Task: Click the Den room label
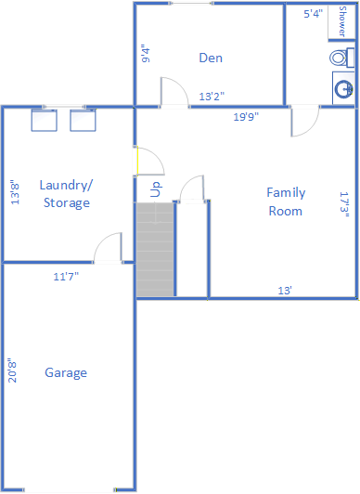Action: [211, 58]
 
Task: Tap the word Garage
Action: [66, 373]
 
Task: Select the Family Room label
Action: [286, 201]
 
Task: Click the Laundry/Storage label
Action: [67, 194]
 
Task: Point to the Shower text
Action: [342, 21]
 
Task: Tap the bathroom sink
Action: [343, 89]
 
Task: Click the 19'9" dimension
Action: [246, 117]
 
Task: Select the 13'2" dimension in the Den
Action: [212, 97]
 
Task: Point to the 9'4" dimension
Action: [146, 55]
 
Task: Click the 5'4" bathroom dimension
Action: [313, 14]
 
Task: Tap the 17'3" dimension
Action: [344, 204]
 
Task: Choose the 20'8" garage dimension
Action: [12, 370]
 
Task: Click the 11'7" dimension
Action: [66, 277]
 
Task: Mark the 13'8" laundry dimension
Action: [15, 192]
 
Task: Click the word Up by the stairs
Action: [156, 189]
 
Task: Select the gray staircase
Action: [155, 249]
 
